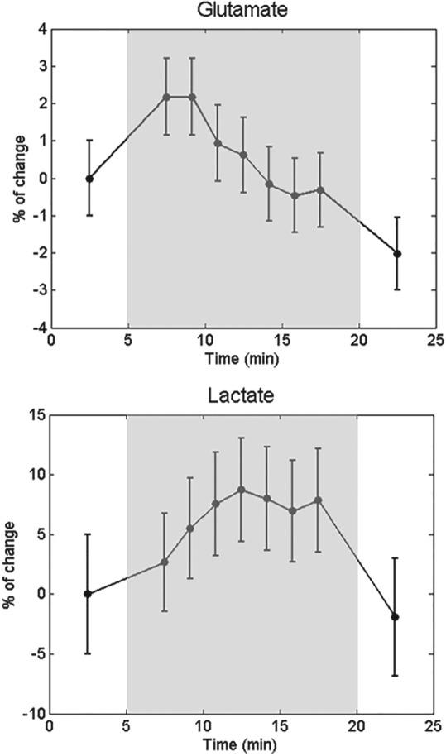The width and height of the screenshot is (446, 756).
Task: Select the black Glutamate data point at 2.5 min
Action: coord(89,179)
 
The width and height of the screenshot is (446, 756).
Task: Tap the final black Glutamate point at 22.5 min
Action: coord(397,254)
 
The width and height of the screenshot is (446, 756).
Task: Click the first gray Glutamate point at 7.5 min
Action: coord(166,97)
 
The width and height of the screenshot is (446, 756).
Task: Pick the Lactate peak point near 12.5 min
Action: coord(242,490)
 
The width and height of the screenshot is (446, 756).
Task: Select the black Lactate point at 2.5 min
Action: coord(88,594)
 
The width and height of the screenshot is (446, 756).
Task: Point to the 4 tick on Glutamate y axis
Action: coord(41,29)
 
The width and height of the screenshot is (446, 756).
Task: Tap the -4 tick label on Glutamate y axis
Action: coord(38,328)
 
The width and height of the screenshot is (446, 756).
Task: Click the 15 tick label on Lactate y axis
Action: coord(36,415)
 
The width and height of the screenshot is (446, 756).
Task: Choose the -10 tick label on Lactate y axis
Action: coord(33,714)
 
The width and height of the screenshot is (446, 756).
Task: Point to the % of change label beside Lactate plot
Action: coord(12,564)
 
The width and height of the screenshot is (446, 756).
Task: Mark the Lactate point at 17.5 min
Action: coord(319,500)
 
